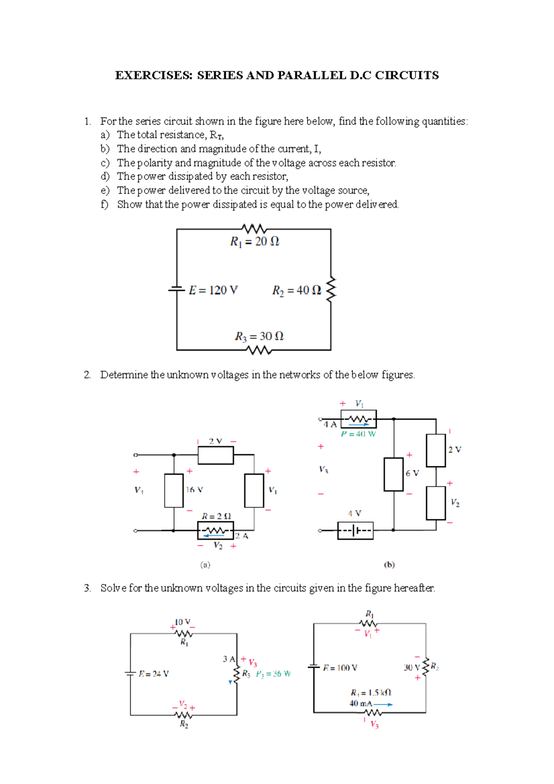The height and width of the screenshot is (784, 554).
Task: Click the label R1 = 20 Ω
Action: (x=254, y=241)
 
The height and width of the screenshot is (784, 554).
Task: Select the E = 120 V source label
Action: (x=213, y=290)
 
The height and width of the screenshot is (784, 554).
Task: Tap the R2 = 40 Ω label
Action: (x=296, y=290)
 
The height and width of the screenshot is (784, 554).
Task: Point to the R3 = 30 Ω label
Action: (x=259, y=336)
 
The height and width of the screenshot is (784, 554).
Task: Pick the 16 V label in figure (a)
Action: (x=194, y=489)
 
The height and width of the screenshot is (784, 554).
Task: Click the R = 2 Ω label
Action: (x=216, y=516)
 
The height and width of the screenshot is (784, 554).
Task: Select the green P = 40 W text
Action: (x=358, y=434)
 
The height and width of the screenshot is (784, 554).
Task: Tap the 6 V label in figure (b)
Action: (x=412, y=473)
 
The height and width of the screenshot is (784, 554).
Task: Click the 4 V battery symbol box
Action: (x=355, y=531)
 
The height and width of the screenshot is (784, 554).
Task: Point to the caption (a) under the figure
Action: (x=205, y=565)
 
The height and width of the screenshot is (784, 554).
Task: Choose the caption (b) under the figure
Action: (x=389, y=565)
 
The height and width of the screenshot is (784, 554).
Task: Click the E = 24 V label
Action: (x=154, y=674)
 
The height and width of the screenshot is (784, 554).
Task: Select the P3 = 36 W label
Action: (x=273, y=674)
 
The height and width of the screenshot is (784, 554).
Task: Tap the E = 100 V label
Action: (x=340, y=668)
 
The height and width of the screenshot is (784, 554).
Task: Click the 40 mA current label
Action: (x=361, y=704)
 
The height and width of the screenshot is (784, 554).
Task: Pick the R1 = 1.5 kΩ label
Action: (x=371, y=693)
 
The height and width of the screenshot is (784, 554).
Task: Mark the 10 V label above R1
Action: (x=182, y=622)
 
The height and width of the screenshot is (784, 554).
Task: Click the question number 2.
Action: (x=87, y=375)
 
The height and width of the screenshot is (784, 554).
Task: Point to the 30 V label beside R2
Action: (x=411, y=668)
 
